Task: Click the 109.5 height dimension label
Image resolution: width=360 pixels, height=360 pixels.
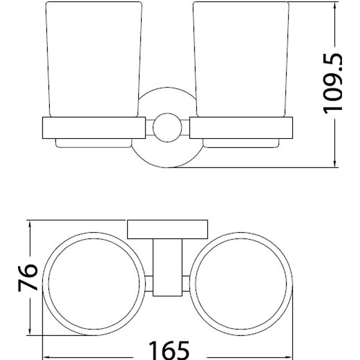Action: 333,84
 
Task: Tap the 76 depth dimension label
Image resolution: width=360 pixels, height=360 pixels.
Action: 27,278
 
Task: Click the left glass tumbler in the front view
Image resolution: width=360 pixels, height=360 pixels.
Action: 94,59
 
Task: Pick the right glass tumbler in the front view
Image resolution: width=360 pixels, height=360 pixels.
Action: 241,59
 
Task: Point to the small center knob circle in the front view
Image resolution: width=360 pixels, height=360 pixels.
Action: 167,128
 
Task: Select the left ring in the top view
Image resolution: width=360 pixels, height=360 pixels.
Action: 43,284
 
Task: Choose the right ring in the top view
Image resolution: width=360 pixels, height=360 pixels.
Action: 292,284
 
